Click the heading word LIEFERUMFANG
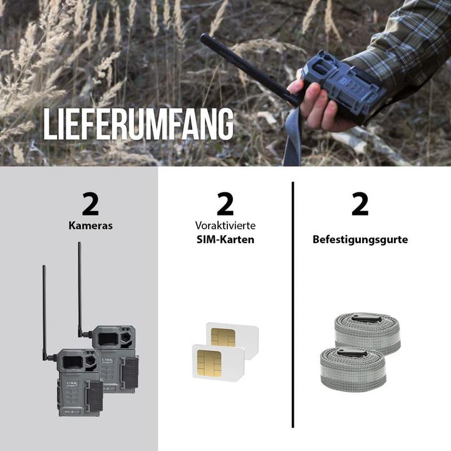point(138,124)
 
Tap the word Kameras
point(90,225)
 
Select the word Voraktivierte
point(225,225)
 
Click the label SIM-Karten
point(225,239)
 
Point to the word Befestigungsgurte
point(360,239)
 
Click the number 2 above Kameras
point(90,204)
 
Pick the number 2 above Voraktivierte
point(225,204)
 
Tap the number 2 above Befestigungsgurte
point(360,204)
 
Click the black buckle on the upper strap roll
point(366,318)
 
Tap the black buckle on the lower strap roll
point(352,353)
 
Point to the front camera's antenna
point(44,312)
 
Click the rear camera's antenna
point(80,289)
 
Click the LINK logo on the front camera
point(72,384)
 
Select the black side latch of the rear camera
point(130,373)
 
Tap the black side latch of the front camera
point(95,397)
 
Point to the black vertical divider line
point(293,304)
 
